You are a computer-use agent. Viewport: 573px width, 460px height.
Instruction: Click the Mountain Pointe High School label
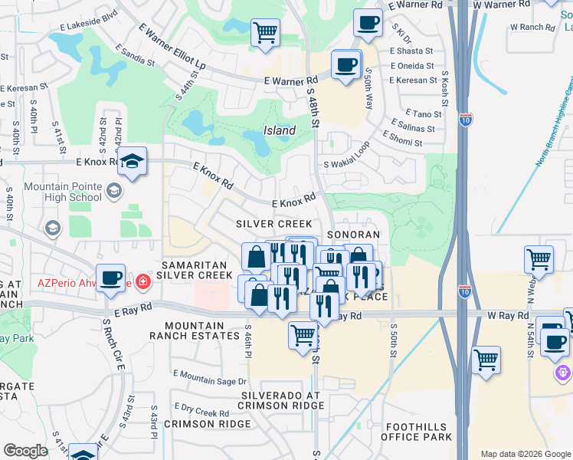63,192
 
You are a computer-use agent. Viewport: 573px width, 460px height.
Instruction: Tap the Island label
280,130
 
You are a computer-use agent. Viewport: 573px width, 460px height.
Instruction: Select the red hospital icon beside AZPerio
142,282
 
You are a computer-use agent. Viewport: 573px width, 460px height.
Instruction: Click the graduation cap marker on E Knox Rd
133,162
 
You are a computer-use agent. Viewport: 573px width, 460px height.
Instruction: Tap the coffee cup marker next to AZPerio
111,278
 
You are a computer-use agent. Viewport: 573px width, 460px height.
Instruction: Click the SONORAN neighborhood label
353,235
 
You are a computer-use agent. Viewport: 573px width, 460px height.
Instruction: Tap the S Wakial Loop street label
346,156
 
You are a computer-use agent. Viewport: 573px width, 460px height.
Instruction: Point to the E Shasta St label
411,51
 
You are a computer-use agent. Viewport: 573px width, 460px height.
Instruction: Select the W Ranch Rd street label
532,27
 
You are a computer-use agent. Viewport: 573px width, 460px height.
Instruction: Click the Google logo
25,451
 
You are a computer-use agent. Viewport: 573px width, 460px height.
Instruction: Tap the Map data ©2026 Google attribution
526,454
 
